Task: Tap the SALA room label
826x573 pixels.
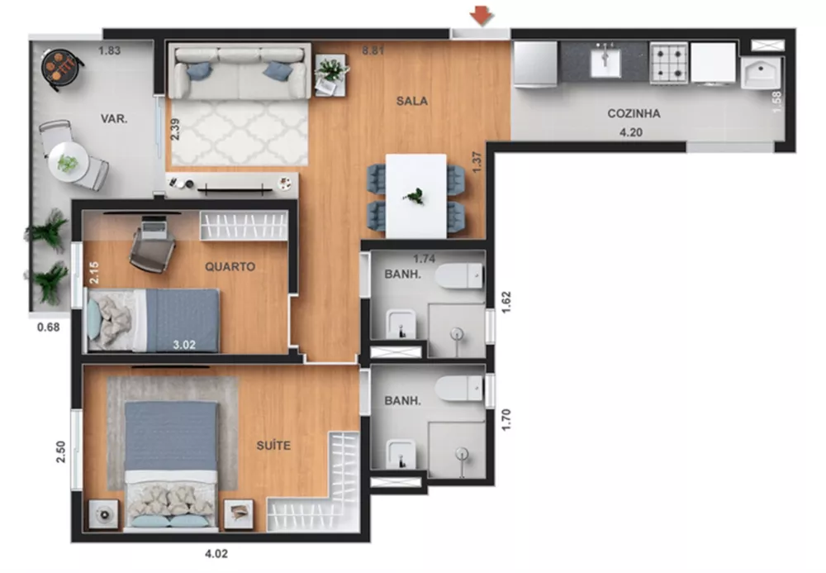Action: pos(411,101)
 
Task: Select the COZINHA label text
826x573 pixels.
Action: pos(634,114)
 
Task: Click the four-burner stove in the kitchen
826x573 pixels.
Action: pos(668,63)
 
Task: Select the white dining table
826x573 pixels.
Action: pos(416,194)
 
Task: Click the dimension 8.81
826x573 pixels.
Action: pos(374,51)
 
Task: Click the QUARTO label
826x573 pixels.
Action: pos(230,267)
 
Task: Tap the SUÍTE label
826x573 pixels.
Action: pos(273,446)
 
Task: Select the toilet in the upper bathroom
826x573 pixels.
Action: pos(459,275)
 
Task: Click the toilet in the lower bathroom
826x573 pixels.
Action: pos(459,387)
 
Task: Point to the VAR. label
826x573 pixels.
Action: pos(113,119)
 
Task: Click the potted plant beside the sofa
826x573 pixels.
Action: pos(332,71)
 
